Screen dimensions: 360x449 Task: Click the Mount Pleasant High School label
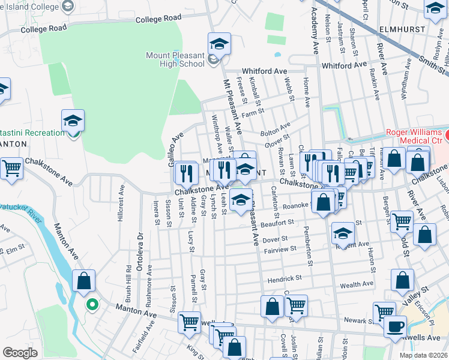click(175, 59)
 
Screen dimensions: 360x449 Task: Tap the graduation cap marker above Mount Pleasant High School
click(219, 44)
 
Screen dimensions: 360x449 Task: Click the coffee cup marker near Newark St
click(394, 326)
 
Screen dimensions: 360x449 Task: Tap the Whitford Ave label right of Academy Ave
click(344, 65)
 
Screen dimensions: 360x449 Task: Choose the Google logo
click(20, 353)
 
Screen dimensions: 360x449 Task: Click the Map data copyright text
click(423, 355)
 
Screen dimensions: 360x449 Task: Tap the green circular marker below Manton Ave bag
click(91, 305)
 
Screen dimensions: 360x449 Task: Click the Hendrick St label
click(285, 278)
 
